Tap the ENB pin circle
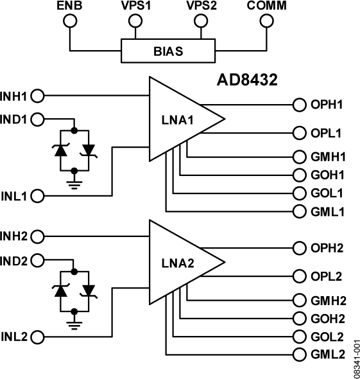70,22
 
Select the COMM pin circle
267,22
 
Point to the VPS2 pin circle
201,22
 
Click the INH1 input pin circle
38,96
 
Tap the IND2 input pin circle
38,261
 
